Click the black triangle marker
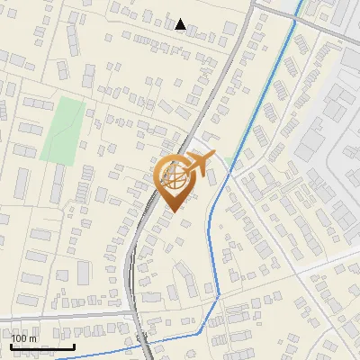[181, 24]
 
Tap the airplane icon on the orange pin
[196, 163]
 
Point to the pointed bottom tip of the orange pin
[175, 212]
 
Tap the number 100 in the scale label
[19, 338]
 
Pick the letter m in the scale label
[31, 338]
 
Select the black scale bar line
[43, 346]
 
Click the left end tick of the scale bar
[12, 345]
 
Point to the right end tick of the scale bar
[75, 345]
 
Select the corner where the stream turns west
[219, 292]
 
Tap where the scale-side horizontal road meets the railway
[134, 317]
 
